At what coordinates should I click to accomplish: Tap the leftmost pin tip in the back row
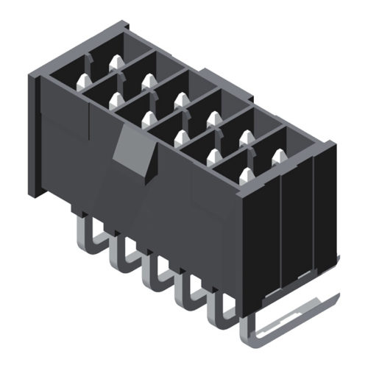116,65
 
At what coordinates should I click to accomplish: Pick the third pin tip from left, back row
180,99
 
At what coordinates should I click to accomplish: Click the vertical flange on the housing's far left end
34,136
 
